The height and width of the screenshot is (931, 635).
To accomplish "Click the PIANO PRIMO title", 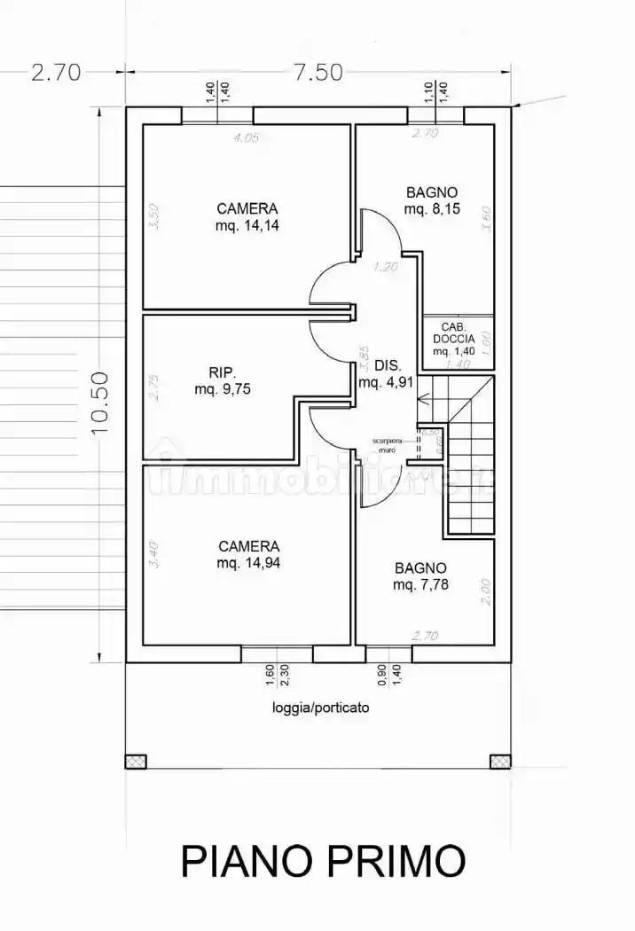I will [323, 861].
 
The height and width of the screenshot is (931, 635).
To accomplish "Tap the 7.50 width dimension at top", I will [317, 73].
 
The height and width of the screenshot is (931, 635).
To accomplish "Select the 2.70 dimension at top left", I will [56, 73].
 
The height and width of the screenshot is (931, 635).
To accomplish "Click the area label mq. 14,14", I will [247, 225].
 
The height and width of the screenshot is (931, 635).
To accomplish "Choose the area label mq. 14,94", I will [248, 563].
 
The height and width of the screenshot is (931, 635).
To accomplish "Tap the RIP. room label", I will [222, 372].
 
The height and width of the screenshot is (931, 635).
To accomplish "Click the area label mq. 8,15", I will [431, 209].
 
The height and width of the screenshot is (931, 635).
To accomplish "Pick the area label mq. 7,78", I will [420, 584].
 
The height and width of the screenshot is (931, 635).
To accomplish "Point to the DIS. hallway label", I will [388, 365].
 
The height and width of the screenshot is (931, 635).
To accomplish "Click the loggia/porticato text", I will [320, 708].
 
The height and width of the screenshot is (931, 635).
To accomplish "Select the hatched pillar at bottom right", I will [500, 761].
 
